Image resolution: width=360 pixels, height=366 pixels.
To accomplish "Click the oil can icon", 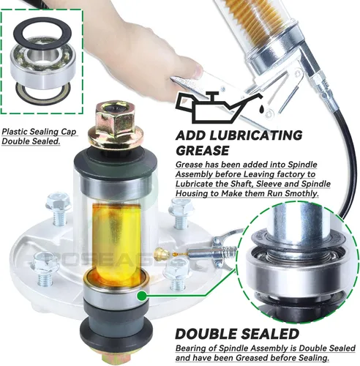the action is pos(217,108).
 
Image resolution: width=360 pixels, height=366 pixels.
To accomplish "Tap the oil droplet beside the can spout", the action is pos(261,108).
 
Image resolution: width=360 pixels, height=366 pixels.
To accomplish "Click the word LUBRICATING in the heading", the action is pos(256,135).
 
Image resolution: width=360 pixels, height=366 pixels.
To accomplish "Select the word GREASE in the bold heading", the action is pos(202,151).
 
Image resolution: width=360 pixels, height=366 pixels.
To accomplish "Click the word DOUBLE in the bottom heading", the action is pos(208,334).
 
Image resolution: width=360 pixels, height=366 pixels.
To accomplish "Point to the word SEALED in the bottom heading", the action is pos(271,334).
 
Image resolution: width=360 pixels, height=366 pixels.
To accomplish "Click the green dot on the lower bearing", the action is pos(141,296).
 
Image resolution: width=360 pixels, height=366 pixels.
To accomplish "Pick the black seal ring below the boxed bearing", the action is pos(43,93).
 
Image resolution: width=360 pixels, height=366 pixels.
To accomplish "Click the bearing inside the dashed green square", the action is pos(43,64).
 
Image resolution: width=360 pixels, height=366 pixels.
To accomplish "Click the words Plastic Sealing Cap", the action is pos(39,132).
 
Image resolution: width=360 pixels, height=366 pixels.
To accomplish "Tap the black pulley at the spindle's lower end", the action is pos(116,327).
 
